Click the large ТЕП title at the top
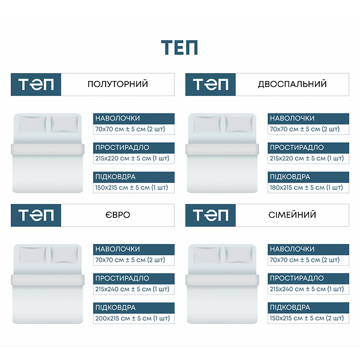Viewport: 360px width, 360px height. point(179,47)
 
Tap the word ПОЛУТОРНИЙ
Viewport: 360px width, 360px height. point(118,84)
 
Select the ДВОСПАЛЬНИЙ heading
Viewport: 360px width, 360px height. point(292,84)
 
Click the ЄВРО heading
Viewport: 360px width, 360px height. point(118,215)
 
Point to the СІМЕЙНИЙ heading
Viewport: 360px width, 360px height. point(292,215)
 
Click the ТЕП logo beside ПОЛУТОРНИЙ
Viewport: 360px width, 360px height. point(36,84)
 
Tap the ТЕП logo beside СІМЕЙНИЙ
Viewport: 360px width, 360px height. point(211,215)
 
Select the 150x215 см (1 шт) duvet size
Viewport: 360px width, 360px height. point(131,188)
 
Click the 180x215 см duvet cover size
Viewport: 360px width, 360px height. point(306,188)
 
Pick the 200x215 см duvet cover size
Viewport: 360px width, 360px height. point(133,319)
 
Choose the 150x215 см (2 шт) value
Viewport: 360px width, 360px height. point(307,318)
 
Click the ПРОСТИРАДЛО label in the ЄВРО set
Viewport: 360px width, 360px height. point(122,278)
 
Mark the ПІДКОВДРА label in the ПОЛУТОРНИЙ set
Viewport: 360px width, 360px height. point(115,177)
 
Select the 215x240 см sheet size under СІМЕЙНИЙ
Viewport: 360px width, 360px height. point(307,289)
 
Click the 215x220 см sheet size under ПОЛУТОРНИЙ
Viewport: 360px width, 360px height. point(132,158)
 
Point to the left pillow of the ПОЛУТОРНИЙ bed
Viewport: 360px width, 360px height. point(32,124)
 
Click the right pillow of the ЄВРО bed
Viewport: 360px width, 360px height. point(64,255)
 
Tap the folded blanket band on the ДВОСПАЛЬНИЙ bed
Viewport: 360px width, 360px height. point(222,149)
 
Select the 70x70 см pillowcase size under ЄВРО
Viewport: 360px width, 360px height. point(130,260)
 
